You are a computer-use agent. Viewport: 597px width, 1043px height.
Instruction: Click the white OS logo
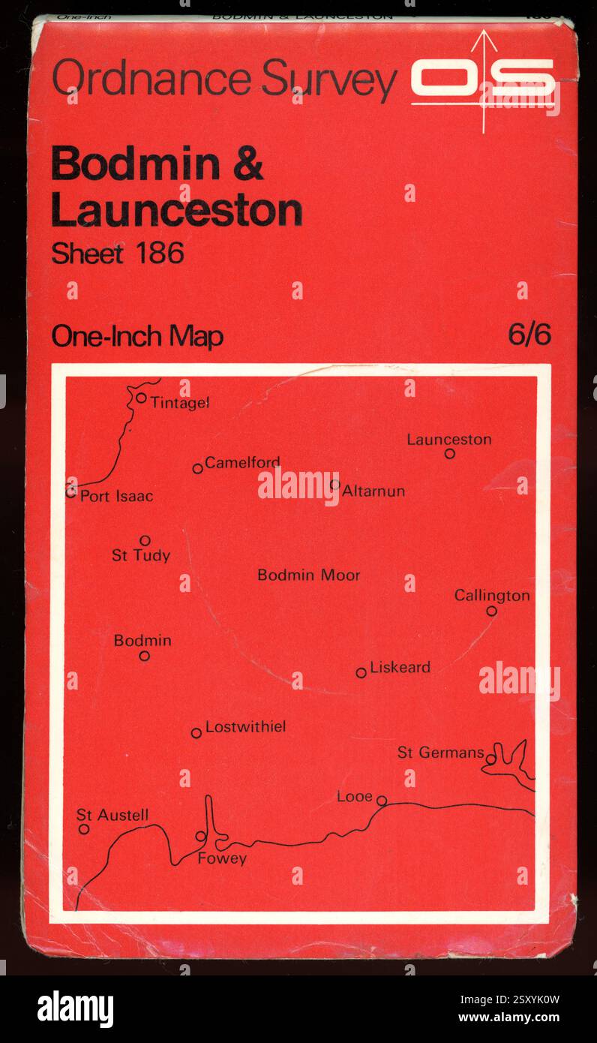click(484, 79)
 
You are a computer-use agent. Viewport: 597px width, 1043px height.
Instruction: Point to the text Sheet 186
click(117, 254)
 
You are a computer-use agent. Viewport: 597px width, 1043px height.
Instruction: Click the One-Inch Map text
click(137, 337)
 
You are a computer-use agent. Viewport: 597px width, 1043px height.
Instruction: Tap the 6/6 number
click(529, 335)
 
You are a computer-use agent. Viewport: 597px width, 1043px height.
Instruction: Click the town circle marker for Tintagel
click(141, 398)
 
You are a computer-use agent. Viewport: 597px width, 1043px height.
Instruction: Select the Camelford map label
click(242, 462)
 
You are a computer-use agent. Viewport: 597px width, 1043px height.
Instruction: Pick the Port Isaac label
click(116, 496)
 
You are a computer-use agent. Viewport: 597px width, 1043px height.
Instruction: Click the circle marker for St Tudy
click(145, 540)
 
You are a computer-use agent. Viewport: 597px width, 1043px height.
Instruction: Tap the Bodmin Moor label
click(308, 576)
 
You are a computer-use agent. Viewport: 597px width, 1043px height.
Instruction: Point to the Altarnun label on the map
click(373, 491)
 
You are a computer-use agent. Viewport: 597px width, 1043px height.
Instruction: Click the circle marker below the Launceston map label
click(449, 453)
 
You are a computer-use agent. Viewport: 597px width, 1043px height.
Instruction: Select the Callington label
click(492, 596)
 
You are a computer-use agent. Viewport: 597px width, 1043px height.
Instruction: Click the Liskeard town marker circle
click(361, 672)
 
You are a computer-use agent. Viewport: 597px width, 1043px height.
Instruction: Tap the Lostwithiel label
click(245, 726)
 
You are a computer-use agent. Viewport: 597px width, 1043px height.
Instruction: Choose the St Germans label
click(440, 753)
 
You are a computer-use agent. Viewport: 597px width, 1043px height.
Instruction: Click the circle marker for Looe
click(381, 801)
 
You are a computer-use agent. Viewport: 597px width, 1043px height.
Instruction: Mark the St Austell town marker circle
click(84, 829)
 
